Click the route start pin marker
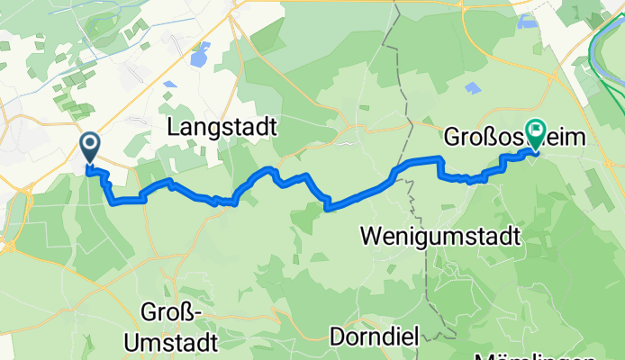(90, 147)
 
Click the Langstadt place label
(222, 128)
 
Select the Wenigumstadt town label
(440, 237)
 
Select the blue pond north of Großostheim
(473, 87)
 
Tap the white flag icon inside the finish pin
(537, 130)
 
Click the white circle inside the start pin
(90, 142)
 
